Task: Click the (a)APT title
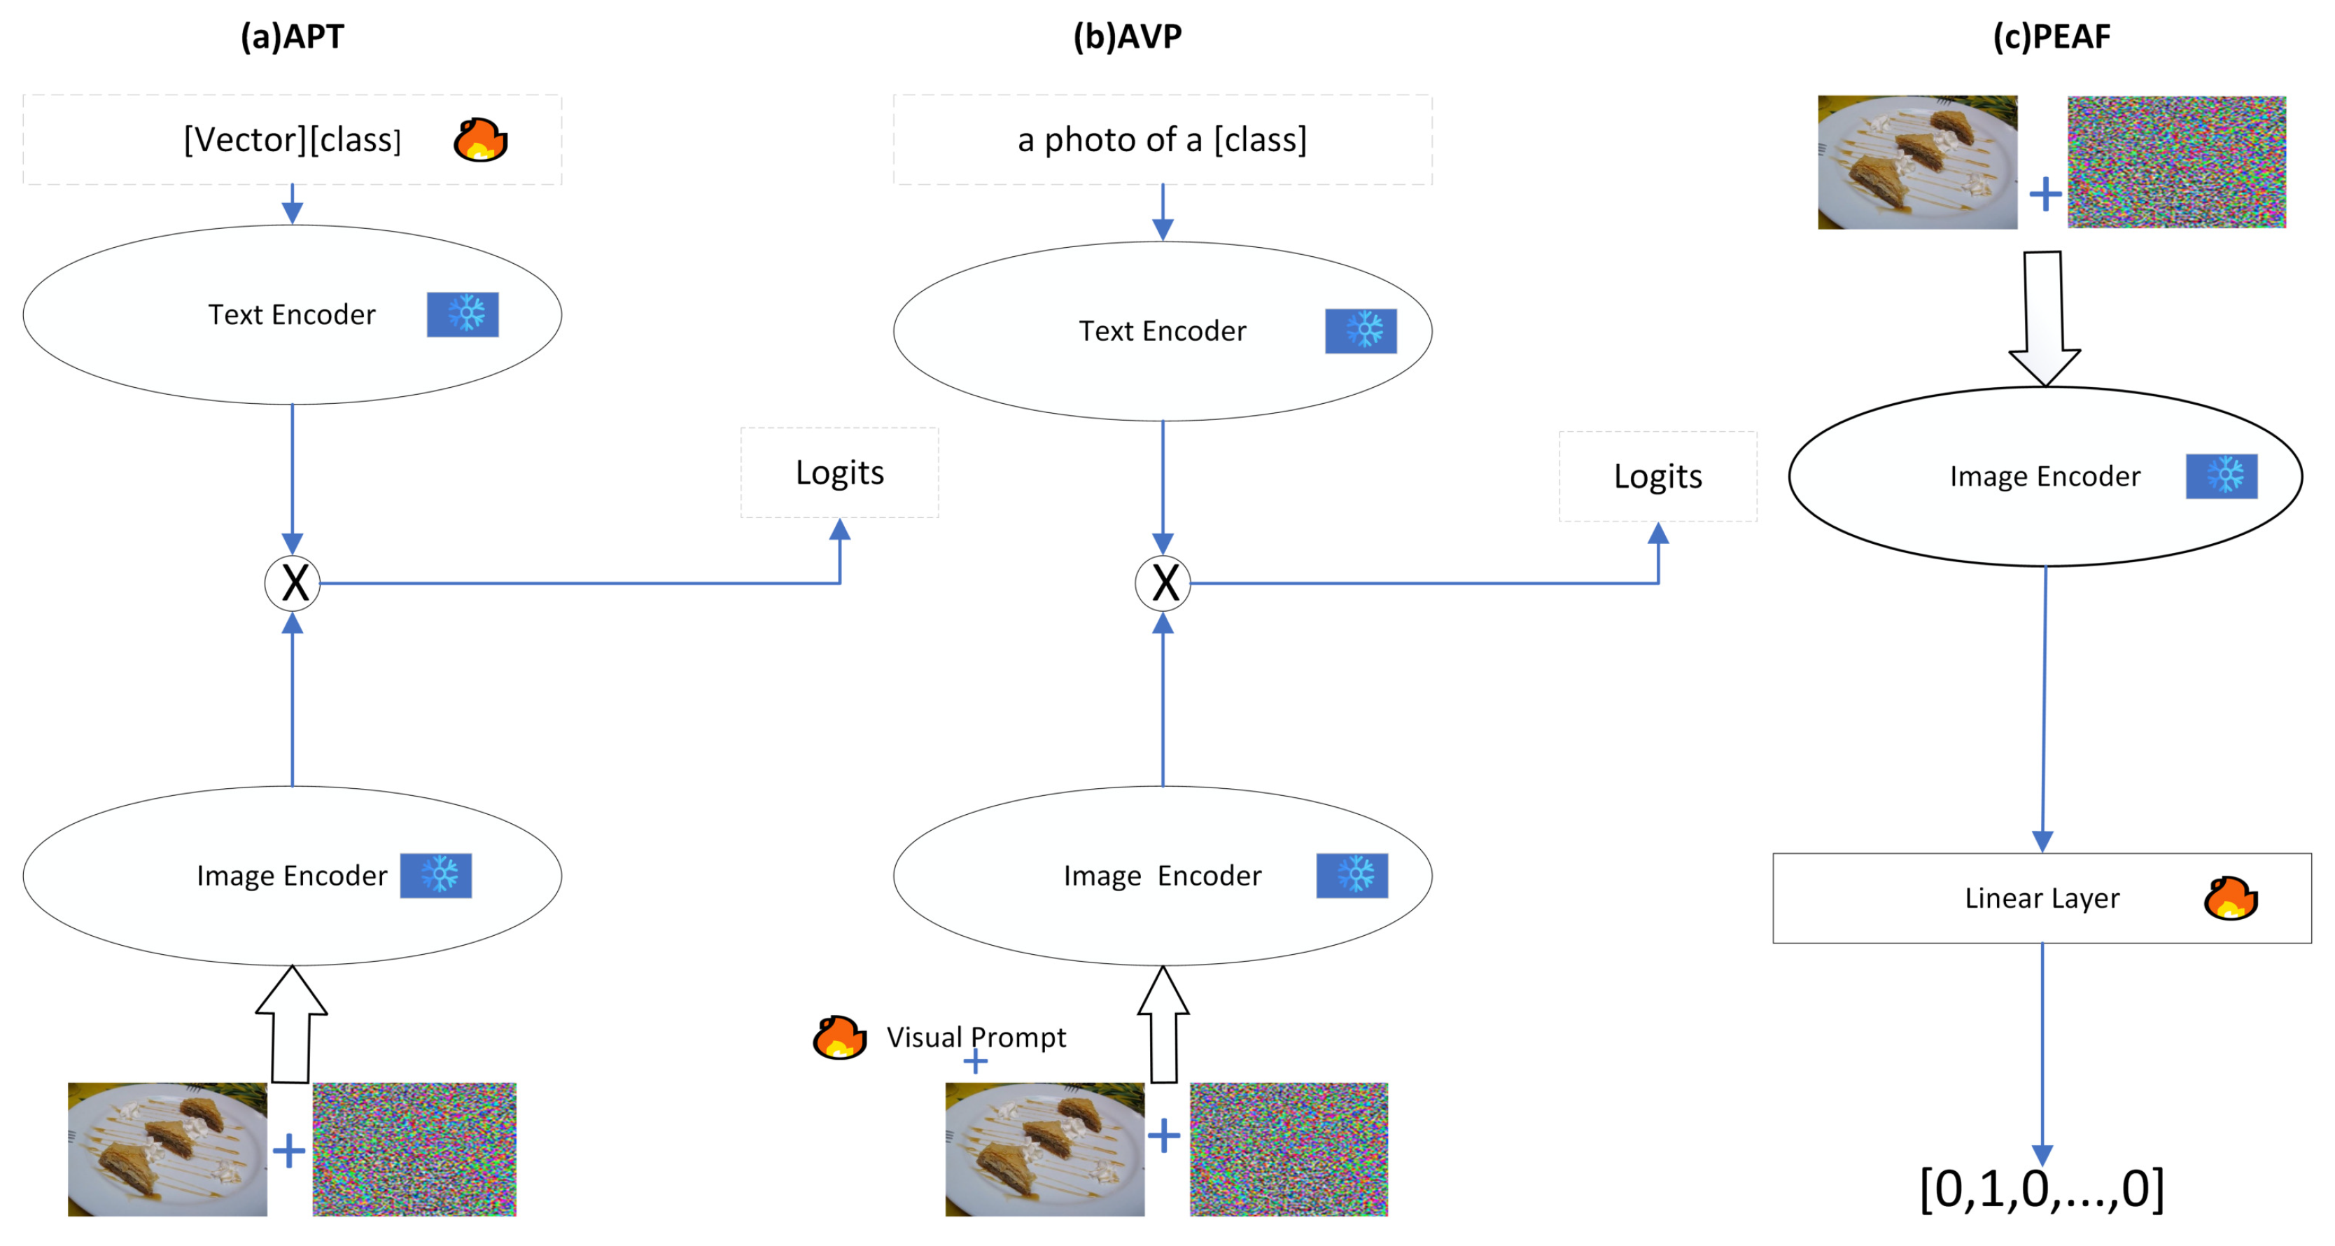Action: click(292, 37)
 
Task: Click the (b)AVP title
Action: click(1127, 37)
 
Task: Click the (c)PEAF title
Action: click(2052, 37)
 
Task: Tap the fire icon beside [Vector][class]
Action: click(480, 140)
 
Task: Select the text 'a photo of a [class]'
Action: click(1162, 140)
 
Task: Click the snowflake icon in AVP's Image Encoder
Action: click(1352, 875)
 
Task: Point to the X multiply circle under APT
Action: click(293, 583)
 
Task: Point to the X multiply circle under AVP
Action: click(1163, 583)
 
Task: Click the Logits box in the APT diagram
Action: click(839, 472)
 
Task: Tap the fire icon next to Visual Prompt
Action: click(839, 1037)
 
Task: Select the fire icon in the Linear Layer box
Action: click(2230, 898)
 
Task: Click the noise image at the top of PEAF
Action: click(2175, 162)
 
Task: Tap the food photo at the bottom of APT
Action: click(168, 1148)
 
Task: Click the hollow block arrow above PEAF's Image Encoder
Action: click(2044, 317)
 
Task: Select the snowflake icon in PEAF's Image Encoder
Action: click(2221, 476)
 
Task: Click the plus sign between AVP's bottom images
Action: click(1164, 1135)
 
